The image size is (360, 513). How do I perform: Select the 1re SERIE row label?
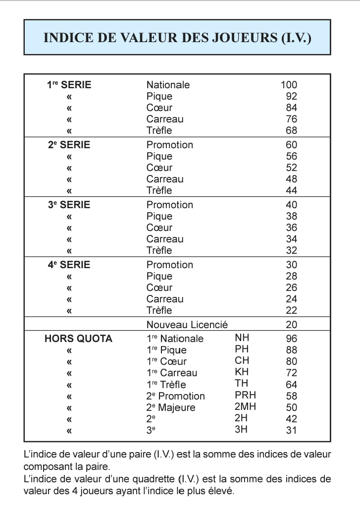(69, 85)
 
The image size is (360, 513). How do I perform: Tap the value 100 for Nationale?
(289, 85)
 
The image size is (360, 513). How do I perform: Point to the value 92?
(291, 96)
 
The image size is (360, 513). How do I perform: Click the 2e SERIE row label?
(69, 145)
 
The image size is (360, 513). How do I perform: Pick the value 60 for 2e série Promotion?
(291, 145)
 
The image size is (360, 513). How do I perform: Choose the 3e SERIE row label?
(69, 205)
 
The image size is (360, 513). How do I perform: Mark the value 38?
(291, 216)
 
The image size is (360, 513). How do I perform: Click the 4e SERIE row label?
(69, 265)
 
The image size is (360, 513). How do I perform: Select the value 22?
(291, 310)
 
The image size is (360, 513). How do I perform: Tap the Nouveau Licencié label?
(187, 325)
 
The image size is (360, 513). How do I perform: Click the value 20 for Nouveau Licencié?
(291, 325)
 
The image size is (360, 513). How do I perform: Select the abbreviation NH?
(242, 338)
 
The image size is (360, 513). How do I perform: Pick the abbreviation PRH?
(245, 396)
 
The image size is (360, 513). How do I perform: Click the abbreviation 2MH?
(245, 407)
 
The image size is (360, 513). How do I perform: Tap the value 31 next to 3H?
(291, 430)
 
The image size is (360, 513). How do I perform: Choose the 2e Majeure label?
(171, 408)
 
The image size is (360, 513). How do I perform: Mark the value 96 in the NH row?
(291, 339)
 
